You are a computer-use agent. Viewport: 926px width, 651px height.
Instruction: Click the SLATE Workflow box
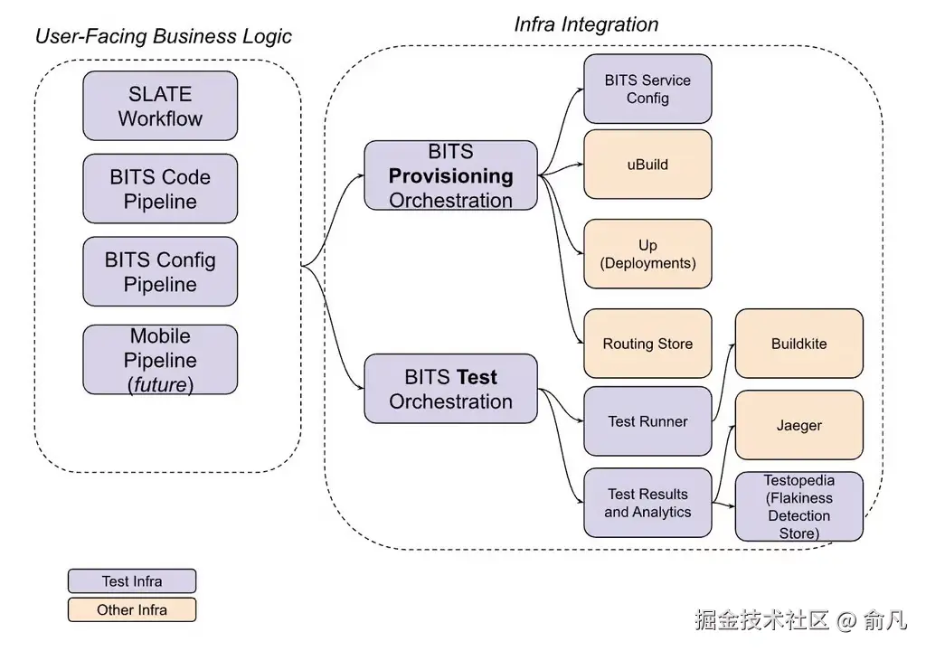160,106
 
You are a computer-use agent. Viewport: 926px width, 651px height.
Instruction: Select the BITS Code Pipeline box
160,188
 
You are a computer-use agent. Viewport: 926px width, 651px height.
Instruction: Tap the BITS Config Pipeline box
160,271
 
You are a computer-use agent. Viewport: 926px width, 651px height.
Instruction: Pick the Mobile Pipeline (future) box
160,360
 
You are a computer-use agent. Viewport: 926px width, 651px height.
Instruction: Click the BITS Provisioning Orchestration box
450,175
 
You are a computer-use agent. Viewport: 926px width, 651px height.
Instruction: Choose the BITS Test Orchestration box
450,389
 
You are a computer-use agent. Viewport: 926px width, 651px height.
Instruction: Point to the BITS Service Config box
647,89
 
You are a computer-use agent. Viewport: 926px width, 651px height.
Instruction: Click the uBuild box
647,165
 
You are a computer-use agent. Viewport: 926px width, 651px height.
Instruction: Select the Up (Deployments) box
647,254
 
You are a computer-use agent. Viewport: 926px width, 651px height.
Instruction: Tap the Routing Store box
647,344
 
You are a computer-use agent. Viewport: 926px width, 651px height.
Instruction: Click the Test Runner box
647,421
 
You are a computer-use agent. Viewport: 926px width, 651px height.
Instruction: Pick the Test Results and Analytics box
647,503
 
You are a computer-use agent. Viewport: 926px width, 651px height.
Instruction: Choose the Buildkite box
798,344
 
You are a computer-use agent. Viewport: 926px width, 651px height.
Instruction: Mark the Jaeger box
798,425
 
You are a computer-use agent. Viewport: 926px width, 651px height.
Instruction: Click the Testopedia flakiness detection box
798,506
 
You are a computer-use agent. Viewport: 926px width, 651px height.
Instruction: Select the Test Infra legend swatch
132,581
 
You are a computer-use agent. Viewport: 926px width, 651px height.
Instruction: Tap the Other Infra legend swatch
132,610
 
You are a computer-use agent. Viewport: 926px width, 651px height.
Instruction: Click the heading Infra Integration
586,24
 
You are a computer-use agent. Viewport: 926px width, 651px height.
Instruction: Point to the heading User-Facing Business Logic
164,36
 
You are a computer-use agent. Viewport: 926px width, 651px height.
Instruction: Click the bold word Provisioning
450,175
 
